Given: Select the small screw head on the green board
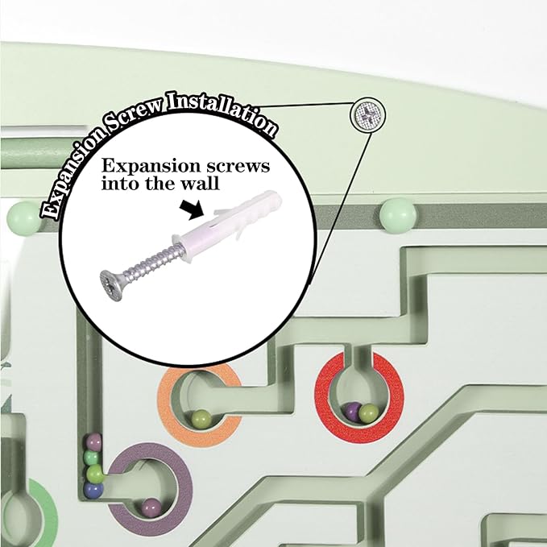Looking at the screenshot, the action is pos(367,114).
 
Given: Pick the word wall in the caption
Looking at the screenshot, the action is pos(201,183).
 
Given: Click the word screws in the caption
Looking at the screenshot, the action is pos(238,166).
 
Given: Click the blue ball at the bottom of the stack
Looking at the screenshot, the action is pos(93,490).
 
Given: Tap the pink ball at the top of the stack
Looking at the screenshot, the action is pos(93,441).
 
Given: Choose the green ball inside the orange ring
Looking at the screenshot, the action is pos(201,418).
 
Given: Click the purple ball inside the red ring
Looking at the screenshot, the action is pos(352,412).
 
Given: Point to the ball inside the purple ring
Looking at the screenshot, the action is pos(151,508).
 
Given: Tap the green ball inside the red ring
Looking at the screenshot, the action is pos(369,412).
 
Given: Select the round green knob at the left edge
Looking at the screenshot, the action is pos(24,219).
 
